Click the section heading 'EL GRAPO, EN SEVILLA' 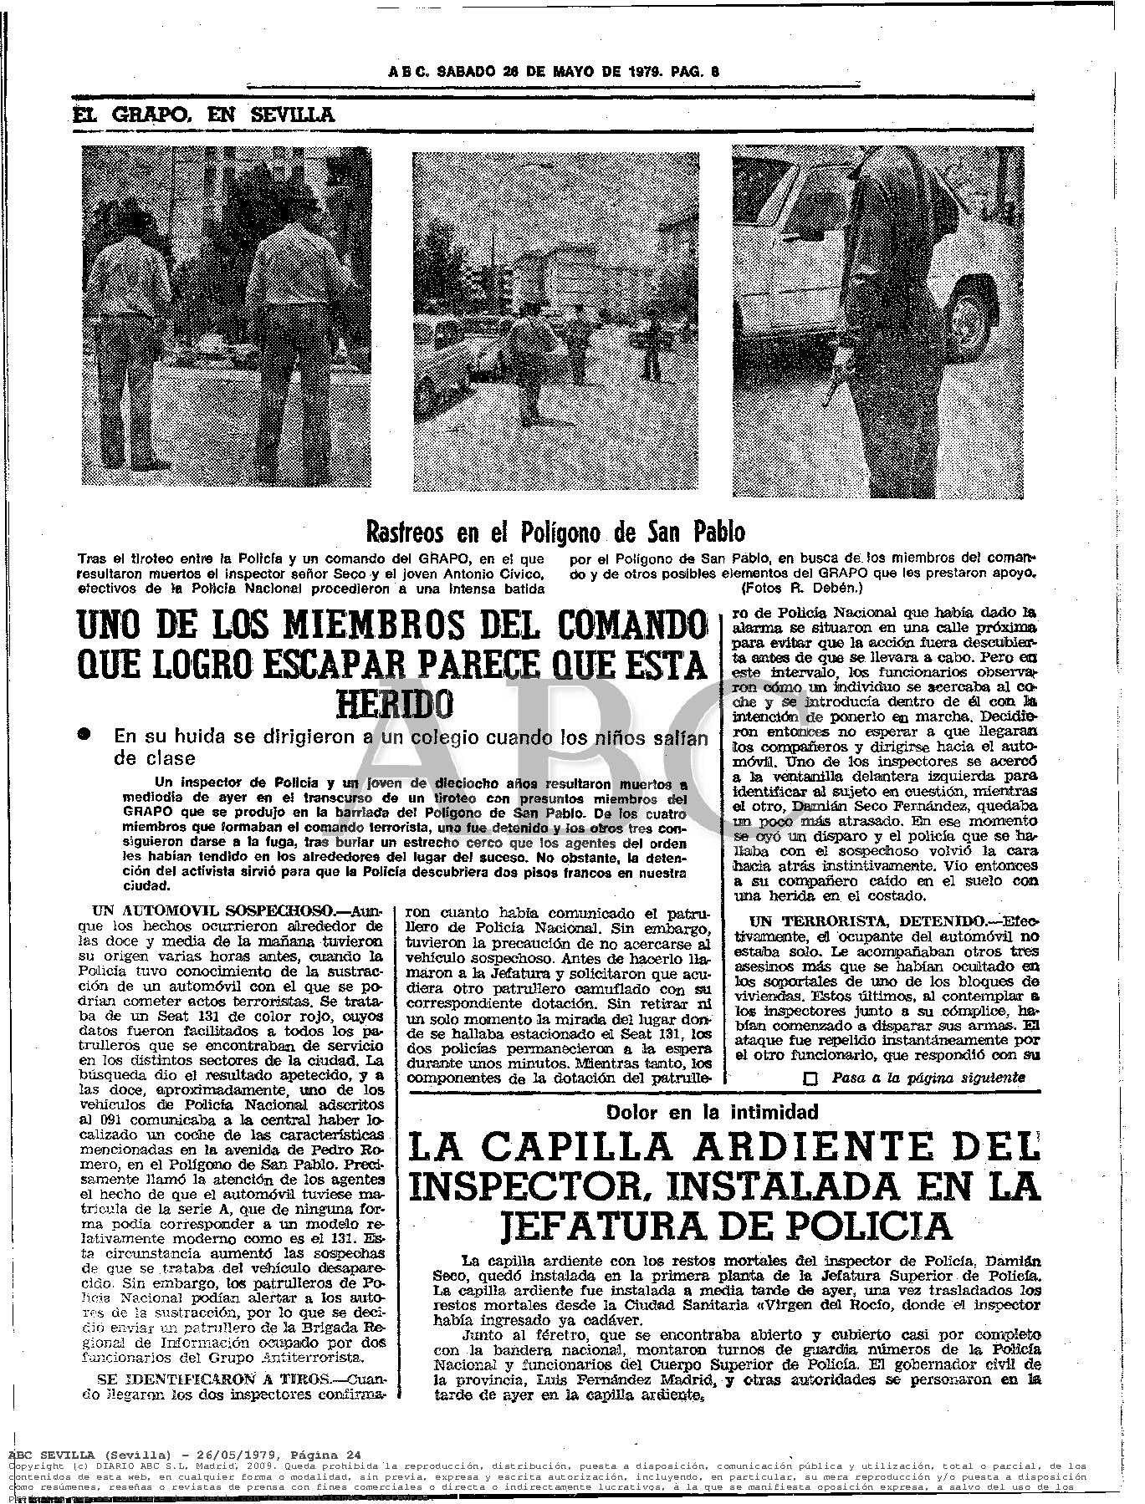point(203,115)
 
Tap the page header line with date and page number point(554,72)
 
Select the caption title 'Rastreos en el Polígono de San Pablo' point(555,531)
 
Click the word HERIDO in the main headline point(394,703)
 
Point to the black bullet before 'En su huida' point(84,733)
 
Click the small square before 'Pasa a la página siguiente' point(810,1078)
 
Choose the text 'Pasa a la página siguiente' point(928,1078)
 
